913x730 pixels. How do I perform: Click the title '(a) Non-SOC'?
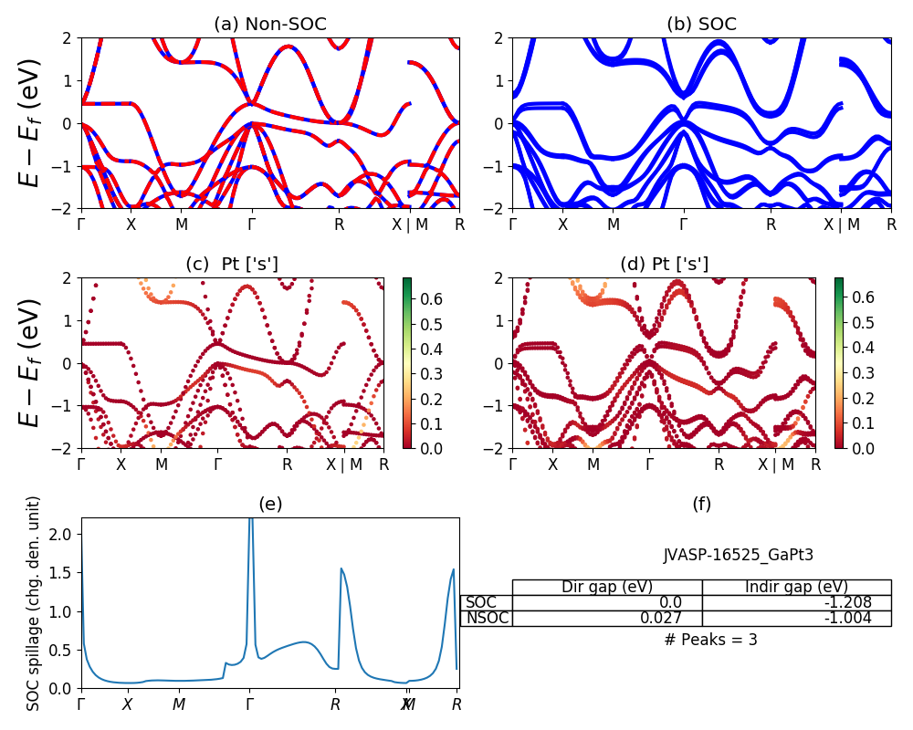tap(270, 25)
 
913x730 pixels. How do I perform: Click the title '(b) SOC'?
tap(701, 25)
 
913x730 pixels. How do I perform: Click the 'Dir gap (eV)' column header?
tap(607, 587)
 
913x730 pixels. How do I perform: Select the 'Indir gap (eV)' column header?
tap(796, 587)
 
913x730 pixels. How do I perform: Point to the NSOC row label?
tap(487, 618)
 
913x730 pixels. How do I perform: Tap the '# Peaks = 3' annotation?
tap(710, 640)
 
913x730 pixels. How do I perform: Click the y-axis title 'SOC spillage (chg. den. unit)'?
tap(34, 603)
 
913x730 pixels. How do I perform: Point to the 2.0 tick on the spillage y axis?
tap(61, 534)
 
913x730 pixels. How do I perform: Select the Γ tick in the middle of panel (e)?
tap(250, 704)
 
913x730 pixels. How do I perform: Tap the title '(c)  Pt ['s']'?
tap(232, 265)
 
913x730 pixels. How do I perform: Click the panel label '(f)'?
tap(701, 504)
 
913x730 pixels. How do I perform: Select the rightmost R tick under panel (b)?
tap(891, 224)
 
